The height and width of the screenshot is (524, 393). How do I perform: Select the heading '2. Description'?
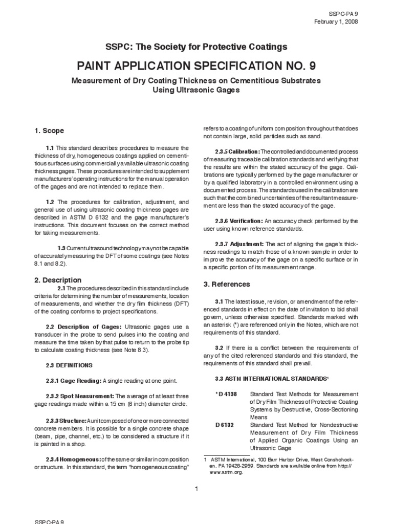[x=58, y=280]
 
